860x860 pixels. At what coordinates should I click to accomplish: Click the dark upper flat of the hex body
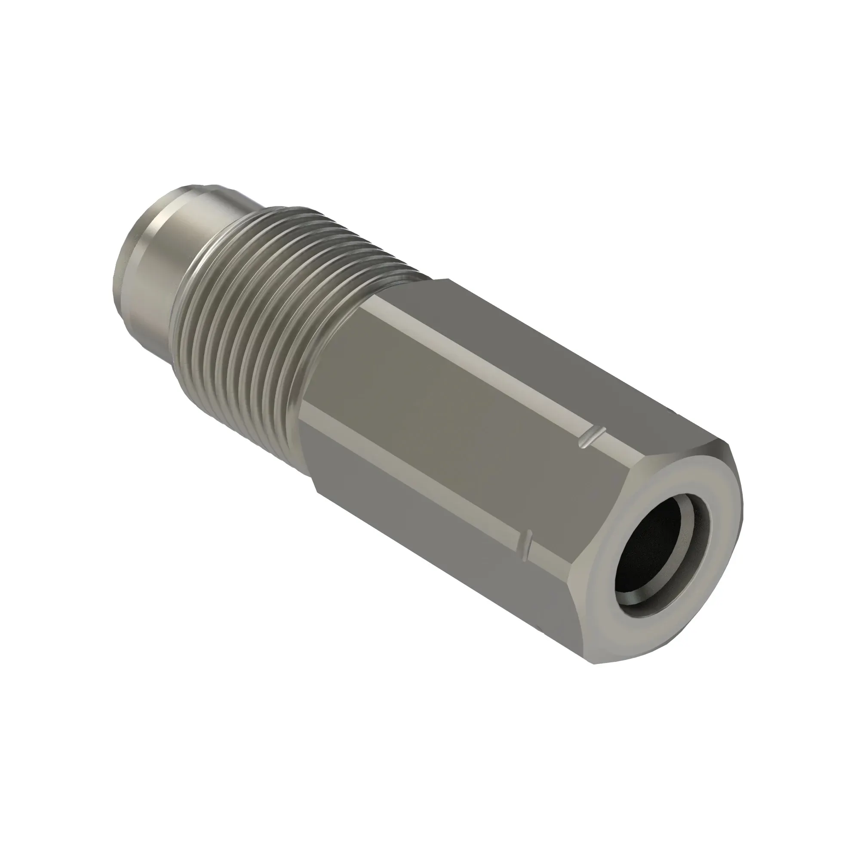click(x=534, y=343)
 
